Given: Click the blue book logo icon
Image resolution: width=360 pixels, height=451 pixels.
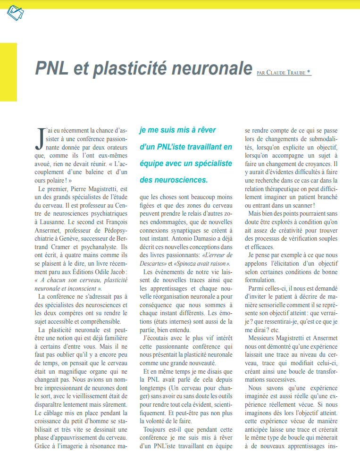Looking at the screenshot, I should pos(16,12).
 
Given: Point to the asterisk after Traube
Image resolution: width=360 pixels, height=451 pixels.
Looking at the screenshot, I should pos(309,72).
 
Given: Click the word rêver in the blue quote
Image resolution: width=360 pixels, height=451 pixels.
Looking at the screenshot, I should pos(218,130).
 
